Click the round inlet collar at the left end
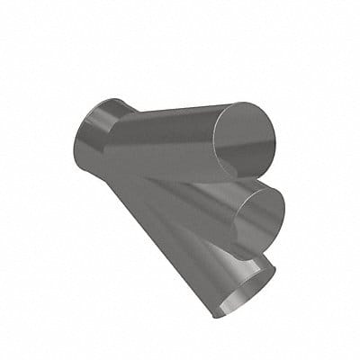[x=90, y=135]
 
